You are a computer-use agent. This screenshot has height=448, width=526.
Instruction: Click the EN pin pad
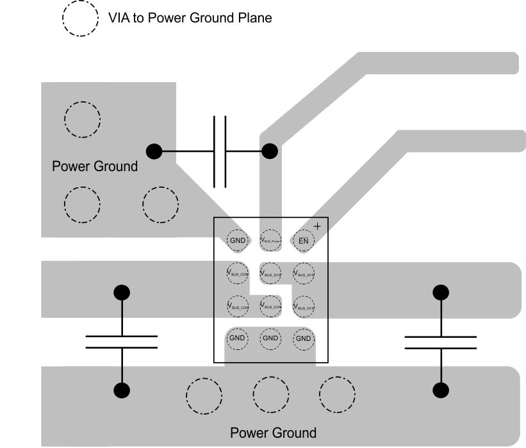pos(304,241)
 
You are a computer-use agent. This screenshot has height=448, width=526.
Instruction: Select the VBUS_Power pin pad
pos(270,241)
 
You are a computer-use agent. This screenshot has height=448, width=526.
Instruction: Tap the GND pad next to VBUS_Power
pos(238,241)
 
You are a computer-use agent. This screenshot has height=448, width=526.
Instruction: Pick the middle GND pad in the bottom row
pos(270,338)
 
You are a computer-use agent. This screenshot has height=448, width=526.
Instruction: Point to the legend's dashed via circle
pos(80,18)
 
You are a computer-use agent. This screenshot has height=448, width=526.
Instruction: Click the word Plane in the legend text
pos(256,18)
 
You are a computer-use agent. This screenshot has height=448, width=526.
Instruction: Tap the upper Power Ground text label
pos(95,167)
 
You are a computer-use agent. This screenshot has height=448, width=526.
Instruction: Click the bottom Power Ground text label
pos(273,433)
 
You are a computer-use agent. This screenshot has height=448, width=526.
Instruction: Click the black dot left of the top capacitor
pos(154,151)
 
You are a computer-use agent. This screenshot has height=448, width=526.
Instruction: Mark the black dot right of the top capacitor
pos(270,151)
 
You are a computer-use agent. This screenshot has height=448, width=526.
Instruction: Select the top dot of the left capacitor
pos(122,292)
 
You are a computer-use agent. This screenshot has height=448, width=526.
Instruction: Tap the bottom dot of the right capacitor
pos(440,390)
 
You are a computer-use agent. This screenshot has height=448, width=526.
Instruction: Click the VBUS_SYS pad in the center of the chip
pos(270,272)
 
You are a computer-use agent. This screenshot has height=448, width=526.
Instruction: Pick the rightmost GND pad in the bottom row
pos(304,338)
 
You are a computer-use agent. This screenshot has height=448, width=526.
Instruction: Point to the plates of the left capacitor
pos(122,342)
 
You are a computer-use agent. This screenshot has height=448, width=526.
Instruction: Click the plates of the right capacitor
pos(440,342)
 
